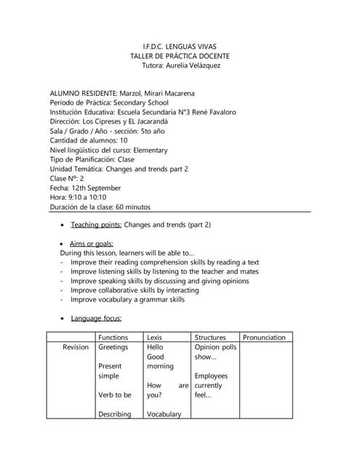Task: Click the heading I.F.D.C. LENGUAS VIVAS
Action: click(x=179, y=45)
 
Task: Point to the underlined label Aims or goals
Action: click(x=92, y=244)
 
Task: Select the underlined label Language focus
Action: click(x=96, y=318)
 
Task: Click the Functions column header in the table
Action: click(x=113, y=337)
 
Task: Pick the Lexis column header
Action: click(x=155, y=337)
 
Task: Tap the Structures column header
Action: click(x=210, y=337)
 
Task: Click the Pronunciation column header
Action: click(x=264, y=337)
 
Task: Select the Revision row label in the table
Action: click(x=76, y=347)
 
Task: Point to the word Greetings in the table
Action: click(x=113, y=347)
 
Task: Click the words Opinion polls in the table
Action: click(x=216, y=347)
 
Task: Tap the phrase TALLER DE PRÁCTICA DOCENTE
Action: click(x=179, y=55)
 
